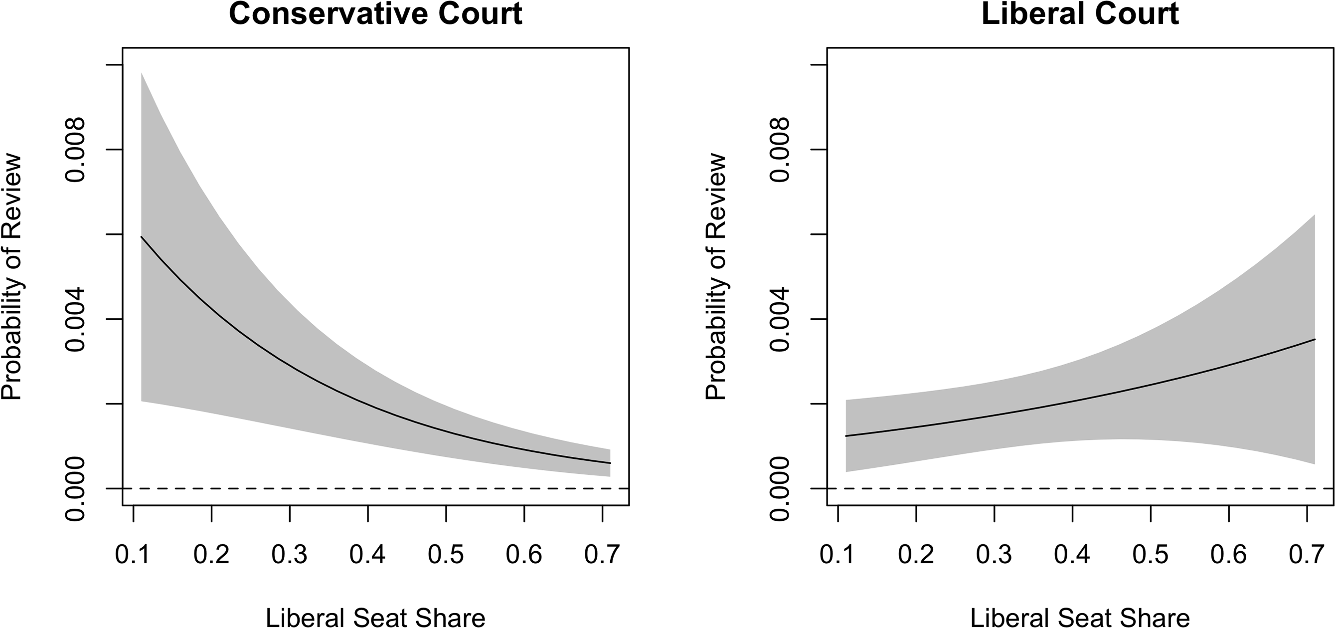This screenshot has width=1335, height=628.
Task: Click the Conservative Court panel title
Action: (x=375, y=13)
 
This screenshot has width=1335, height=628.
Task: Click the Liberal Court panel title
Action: (x=1080, y=13)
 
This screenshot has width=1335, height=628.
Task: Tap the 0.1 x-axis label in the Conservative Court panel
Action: (x=133, y=555)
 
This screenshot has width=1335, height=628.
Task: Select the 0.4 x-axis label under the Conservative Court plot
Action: (x=367, y=555)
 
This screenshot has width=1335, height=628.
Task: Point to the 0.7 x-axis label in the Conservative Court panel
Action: (x=602, y=555)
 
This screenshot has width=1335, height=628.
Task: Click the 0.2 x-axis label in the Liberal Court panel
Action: (x=916, y=555)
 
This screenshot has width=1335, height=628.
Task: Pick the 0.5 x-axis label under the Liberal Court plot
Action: (x=1150, y=555)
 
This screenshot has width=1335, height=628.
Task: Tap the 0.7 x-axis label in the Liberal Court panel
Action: (x=1307, y=555)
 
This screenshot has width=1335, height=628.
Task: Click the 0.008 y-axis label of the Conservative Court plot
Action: (x=76, y=150)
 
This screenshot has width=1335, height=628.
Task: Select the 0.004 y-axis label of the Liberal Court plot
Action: (x=780, y=319)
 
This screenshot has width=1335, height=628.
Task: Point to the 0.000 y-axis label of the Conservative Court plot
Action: (x=76, y=488)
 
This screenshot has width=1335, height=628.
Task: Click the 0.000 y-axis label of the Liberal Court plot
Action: (x=780, y=488)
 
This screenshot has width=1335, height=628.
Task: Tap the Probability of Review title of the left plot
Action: (x=11, y=276)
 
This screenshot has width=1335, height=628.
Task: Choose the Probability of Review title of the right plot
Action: (x=716, y=276)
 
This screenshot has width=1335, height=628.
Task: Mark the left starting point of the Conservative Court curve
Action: (x=141, y=236)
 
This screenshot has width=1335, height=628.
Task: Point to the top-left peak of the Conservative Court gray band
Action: (x=142, y=74)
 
